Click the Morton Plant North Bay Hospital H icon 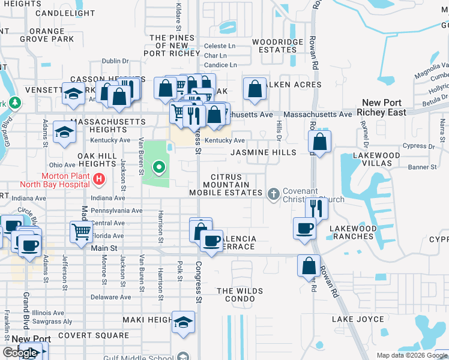(x=100, y=179)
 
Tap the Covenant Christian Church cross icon (x=274, y=193)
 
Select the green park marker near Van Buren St (x=158, y=167)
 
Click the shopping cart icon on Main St (x=81, y=231)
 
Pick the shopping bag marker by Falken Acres (x=255, y=88)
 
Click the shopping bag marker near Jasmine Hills (x=320, y=142)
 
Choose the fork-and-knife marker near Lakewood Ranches (x=316, y=208)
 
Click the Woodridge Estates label (x=277, y=46)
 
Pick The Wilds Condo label (x=240, y=296)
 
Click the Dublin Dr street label (x=116, y=61)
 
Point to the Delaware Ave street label (x=110, y=297)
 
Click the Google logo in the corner (x=20, y=353)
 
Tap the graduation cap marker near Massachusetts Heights (x=64, y=131)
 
